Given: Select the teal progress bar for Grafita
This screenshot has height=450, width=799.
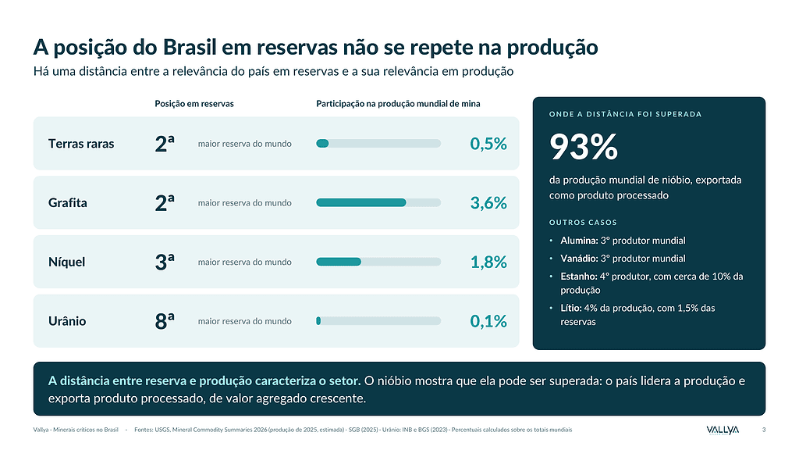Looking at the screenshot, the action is (360, 202).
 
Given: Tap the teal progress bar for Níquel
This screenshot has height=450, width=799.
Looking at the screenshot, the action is (339, 262).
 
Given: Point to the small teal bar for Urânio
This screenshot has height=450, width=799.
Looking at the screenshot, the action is (318, 321).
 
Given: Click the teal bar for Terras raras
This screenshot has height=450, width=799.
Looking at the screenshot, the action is (322, 144).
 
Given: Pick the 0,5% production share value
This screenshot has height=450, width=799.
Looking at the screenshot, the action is (488, 144).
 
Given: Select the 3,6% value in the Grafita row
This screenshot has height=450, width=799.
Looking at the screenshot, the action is (488, 203).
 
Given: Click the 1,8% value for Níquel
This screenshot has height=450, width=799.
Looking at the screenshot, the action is (488, 262).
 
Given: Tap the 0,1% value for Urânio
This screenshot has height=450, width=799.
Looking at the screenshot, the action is (488, 321).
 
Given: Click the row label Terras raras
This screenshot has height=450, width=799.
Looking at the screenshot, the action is (81, 144).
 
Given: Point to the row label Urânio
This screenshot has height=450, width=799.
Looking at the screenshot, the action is (67, 321).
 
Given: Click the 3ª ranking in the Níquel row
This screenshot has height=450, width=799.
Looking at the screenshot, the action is (165, 262).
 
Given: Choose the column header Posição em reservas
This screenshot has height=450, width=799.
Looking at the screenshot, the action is (194, 104).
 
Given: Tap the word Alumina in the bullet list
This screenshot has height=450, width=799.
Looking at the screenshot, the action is (579, 241).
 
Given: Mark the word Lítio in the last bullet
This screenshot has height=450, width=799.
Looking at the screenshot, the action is (571, 308).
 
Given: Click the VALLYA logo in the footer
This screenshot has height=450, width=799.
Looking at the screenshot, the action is (723, 430).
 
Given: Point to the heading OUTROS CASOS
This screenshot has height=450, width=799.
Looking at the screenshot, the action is (583, 223).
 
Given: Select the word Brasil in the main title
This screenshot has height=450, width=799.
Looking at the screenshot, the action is (190, 47).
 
